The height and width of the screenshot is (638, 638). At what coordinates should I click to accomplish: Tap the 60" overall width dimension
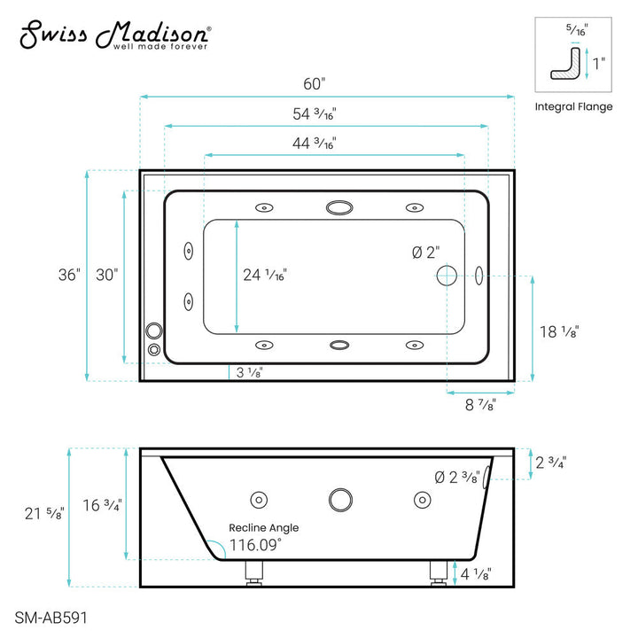[315, 84]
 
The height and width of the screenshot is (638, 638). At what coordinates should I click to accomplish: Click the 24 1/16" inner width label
[265, 275]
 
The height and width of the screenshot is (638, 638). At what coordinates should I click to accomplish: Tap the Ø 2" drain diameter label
[425, 252]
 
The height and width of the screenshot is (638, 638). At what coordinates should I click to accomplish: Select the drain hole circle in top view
[447, 275]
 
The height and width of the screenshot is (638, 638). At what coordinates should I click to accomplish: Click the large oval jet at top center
[338, 208]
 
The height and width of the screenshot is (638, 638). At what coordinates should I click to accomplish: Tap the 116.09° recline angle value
[255, 544]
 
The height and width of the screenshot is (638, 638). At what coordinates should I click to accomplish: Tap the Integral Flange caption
[573, 106]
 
